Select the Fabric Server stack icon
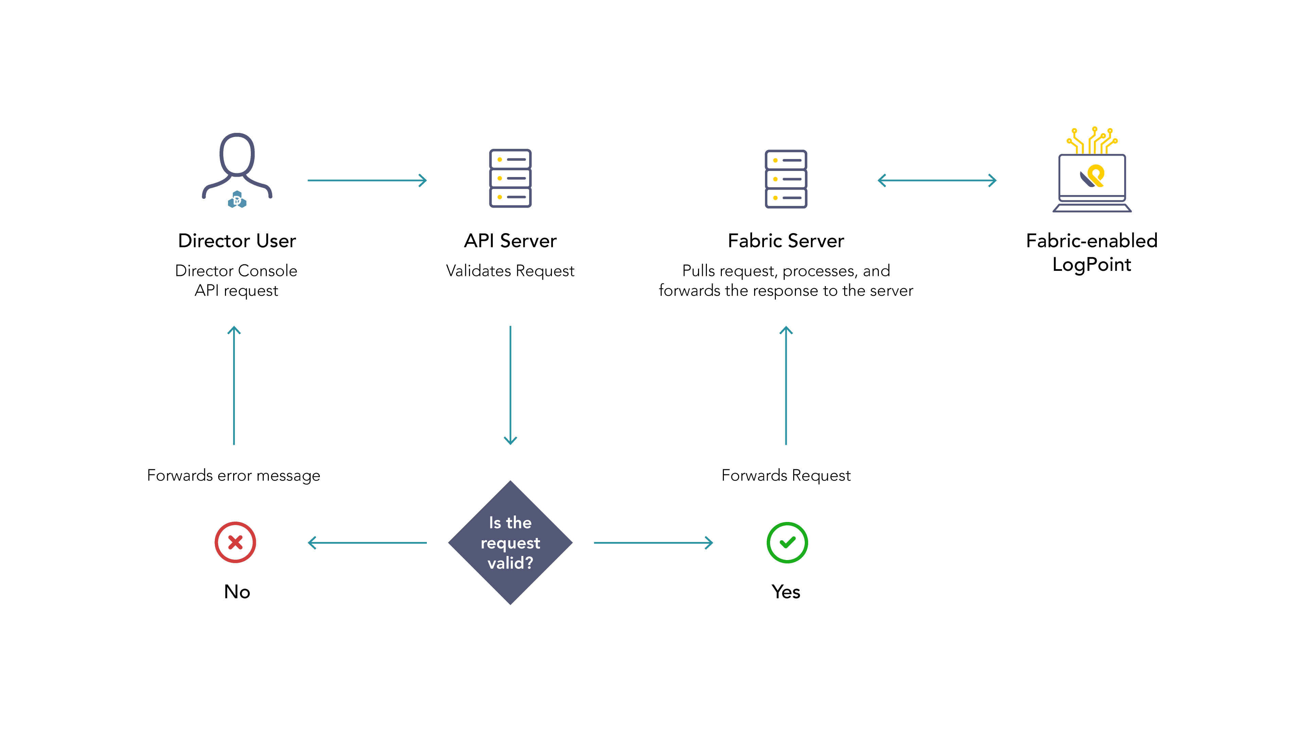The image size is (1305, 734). (786, 179)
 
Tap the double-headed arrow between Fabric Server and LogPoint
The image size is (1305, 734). (937, 180)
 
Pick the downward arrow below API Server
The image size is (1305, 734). (510, 385)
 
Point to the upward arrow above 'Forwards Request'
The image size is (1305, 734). (786, 385)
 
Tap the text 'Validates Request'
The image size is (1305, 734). (510, 271)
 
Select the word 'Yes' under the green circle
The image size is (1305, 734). (786, 592)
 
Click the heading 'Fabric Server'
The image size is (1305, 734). (786, 241)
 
